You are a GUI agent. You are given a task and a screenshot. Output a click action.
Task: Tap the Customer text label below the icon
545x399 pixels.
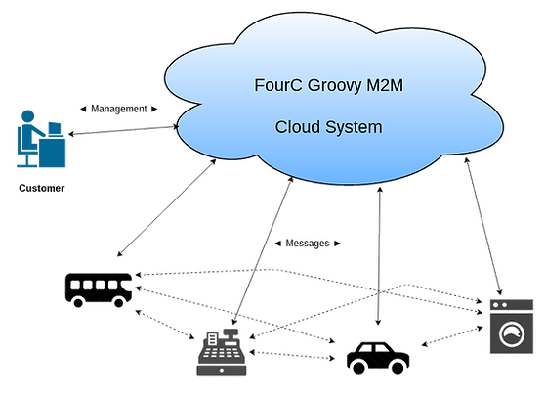40,189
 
